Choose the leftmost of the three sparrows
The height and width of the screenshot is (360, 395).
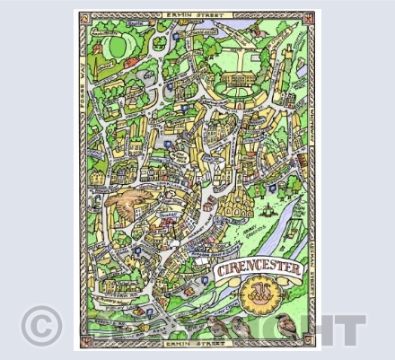coord(215,324)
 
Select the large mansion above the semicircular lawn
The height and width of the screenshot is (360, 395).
coord(239,83)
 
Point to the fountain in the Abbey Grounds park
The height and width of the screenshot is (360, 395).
coord(268,212)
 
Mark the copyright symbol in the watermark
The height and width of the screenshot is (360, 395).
coord(41,325)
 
